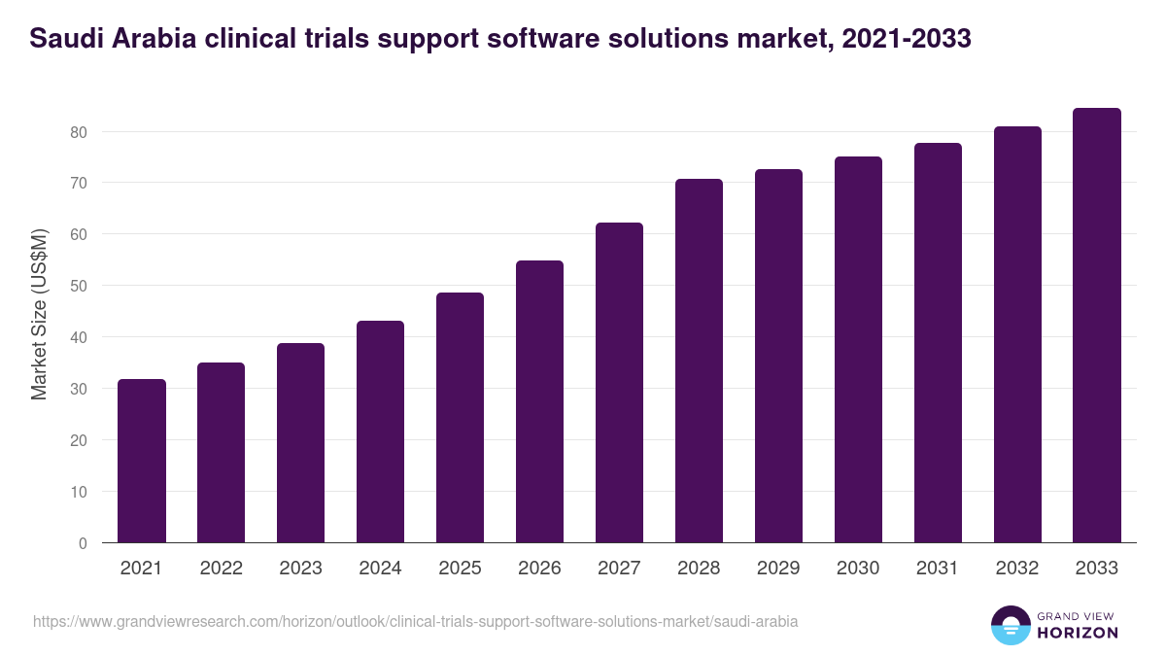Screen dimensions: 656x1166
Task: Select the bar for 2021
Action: (x=142, y=461)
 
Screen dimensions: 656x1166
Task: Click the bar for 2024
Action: (x=381, y=432)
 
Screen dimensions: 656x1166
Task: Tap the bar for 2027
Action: (x=620, y=383)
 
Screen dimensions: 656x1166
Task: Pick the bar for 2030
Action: (x=859, y=350)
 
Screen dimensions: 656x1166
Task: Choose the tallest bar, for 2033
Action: (x=1097, y=326)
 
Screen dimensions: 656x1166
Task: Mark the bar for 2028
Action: (x=700, y=361)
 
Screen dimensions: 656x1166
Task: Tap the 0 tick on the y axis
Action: (x=84, y=543)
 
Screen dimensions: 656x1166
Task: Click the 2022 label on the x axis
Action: (x=222, y=569)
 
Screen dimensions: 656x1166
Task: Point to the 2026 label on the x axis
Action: (x=540, y=569)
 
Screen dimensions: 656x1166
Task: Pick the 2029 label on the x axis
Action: (x=779, y=569)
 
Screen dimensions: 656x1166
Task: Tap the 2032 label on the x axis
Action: (x=1017, y=569)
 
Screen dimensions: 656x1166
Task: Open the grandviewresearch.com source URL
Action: (x=416, y=621)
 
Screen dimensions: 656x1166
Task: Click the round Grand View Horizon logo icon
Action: (x=1011, y=626)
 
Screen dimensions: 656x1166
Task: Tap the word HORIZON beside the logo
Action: (x=1079, y=633)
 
